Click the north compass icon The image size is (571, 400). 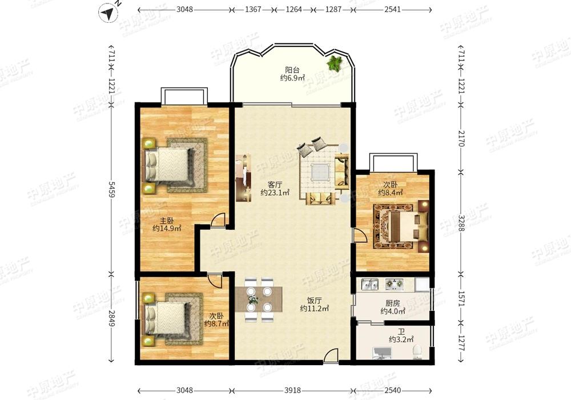[x=108, y=13]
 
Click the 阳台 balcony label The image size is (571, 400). [x=292, y=69]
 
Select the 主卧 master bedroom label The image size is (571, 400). [x=167, y=221]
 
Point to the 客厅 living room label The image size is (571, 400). [x=275, y=185]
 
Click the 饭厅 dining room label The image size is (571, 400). [x=314, y=301]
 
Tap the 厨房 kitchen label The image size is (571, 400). [x=393, y=303]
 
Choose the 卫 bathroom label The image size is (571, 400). [x=401, y=332]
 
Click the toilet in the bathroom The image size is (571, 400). [x=417, y=352]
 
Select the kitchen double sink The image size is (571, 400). [x=369, y=284]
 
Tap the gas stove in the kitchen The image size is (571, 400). [x=395, y=284]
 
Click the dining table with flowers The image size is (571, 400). [x=259, y=299]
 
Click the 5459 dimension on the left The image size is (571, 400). [x=111, y=190]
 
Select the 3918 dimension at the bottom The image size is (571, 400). [x=292, y=390]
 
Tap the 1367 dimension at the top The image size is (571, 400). [x=253, y=10]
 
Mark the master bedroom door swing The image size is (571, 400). [x=218, y=219]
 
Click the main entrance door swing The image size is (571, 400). [x=331, y=355]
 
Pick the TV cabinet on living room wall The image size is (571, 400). [x=243, y=178]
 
